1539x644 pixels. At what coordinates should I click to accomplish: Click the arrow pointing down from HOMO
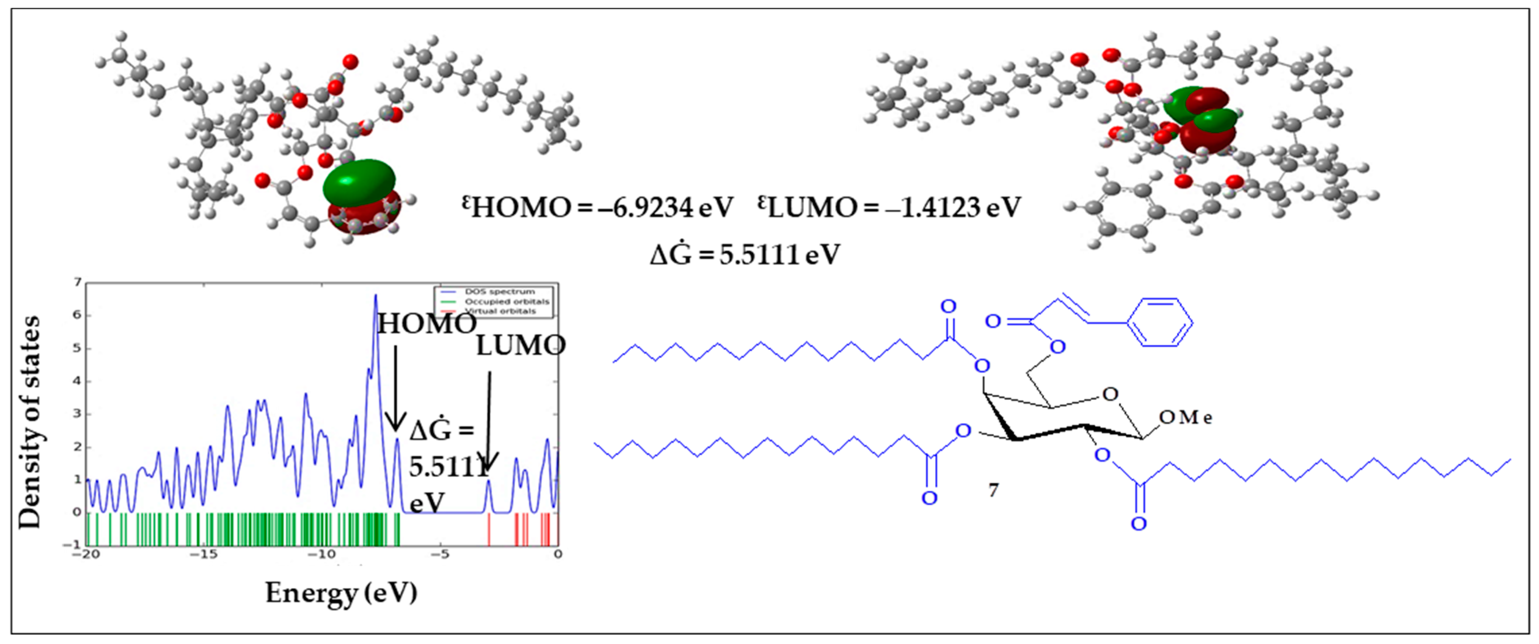click(395, 388)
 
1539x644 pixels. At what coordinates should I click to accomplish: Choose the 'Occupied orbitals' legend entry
click(506, 302)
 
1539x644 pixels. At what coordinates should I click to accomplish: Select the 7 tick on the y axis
click(77, 282)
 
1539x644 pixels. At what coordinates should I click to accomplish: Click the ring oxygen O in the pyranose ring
click(1109, 394)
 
